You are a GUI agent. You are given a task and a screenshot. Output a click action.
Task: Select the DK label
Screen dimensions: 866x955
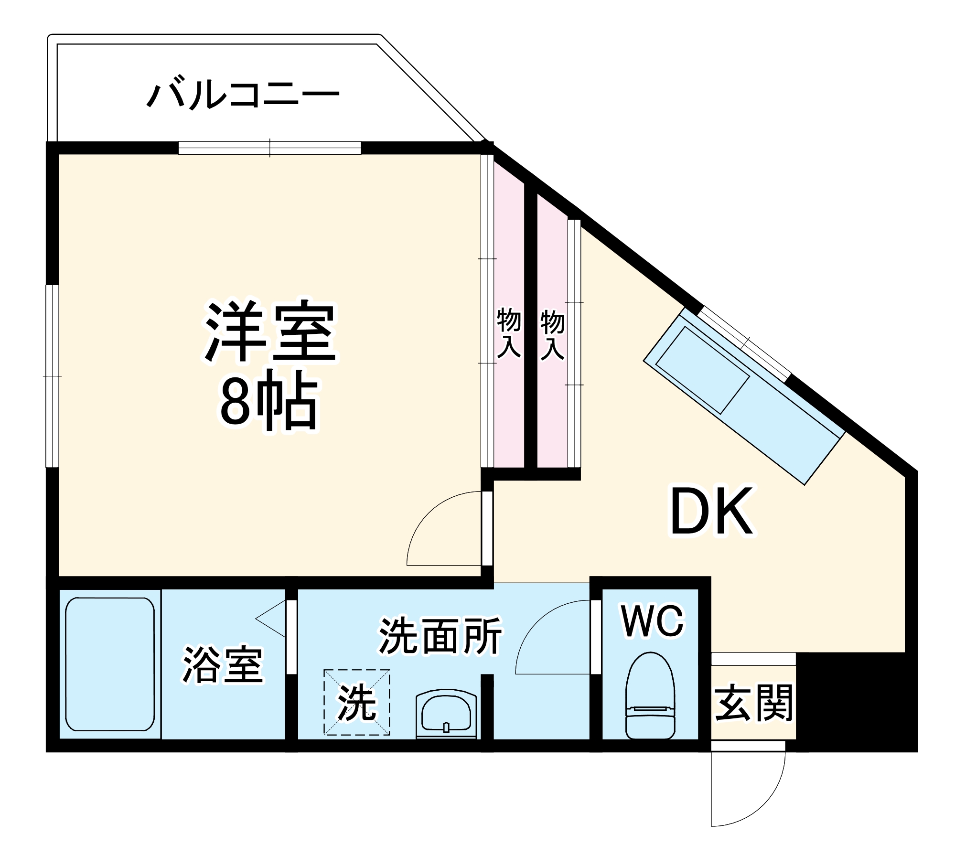coord(712,512)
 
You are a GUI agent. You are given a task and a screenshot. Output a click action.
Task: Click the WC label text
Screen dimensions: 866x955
coord(653,621)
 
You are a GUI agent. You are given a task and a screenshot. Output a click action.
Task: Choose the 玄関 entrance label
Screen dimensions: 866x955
coord(753,702)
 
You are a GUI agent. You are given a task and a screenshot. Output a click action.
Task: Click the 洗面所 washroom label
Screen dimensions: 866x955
coord(440,636)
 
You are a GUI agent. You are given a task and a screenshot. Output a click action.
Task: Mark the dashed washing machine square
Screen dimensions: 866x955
coord(357,702)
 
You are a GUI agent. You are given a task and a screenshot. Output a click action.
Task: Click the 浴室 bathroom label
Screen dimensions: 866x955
coord(223,664)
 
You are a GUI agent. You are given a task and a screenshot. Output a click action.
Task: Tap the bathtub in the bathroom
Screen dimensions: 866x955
coord(110,664)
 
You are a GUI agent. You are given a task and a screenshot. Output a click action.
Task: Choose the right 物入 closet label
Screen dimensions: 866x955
coord(552,335)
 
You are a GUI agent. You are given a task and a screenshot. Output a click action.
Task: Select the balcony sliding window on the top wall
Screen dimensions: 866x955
coord(270,148)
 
